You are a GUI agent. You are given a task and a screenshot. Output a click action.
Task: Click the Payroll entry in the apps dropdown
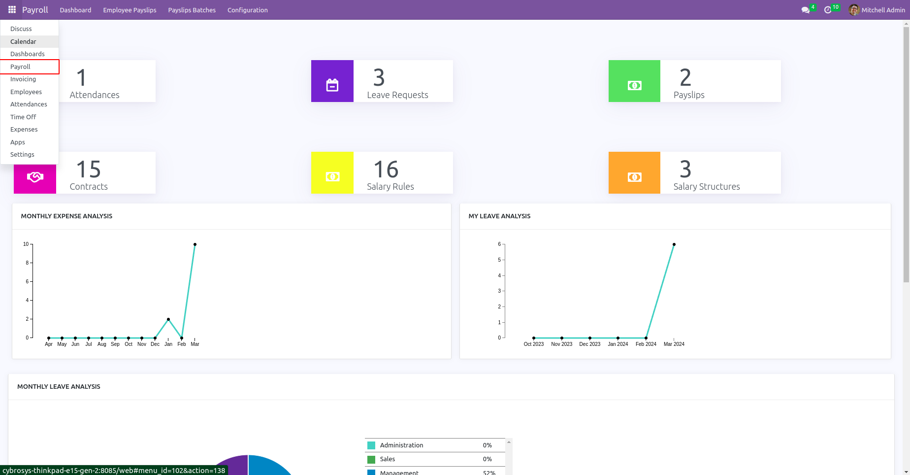click(x=20, y=67)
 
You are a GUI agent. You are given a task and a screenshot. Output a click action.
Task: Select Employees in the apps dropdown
click(x=26, y=92)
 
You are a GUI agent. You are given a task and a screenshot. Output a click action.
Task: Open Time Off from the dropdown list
click(x=23, y=117)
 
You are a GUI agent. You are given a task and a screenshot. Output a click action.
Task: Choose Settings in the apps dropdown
click(x=22, y=154)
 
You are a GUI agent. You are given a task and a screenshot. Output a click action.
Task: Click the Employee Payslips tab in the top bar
click(x=130, y=10)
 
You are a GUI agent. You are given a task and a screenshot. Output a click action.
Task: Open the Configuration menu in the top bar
click(x=247, y=10)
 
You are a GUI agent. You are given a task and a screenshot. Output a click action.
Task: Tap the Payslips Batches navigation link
click(x=192, y=10)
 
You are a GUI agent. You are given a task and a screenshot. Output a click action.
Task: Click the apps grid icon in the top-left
click(x=12, y=10)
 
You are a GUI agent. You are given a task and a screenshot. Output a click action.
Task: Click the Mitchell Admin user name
click(x=883, y=10)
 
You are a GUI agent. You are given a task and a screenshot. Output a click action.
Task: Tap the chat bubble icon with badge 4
click(x=805, y=10)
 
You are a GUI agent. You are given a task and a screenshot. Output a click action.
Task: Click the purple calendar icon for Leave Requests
click(x=332, y=85)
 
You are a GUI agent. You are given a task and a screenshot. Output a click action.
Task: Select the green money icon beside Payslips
click(x=634, y=85)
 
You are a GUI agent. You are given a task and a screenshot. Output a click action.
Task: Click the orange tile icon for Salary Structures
click(x=634, y=177)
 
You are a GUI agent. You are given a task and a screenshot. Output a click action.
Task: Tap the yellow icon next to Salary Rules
click(x=332, y=177)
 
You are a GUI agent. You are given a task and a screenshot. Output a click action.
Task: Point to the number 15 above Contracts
click(x=89, y=170)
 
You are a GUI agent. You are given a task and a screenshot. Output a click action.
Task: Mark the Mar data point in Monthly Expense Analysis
click(x=195, y=244)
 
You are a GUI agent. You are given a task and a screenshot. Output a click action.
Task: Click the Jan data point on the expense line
click(x=168, y=319)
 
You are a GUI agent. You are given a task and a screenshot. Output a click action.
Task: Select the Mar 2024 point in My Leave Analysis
click(x=674, y=244)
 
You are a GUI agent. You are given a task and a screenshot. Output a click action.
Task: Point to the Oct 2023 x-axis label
click(x=534, y=344)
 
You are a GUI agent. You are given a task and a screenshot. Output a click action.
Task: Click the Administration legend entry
click(x=401, y=445)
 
